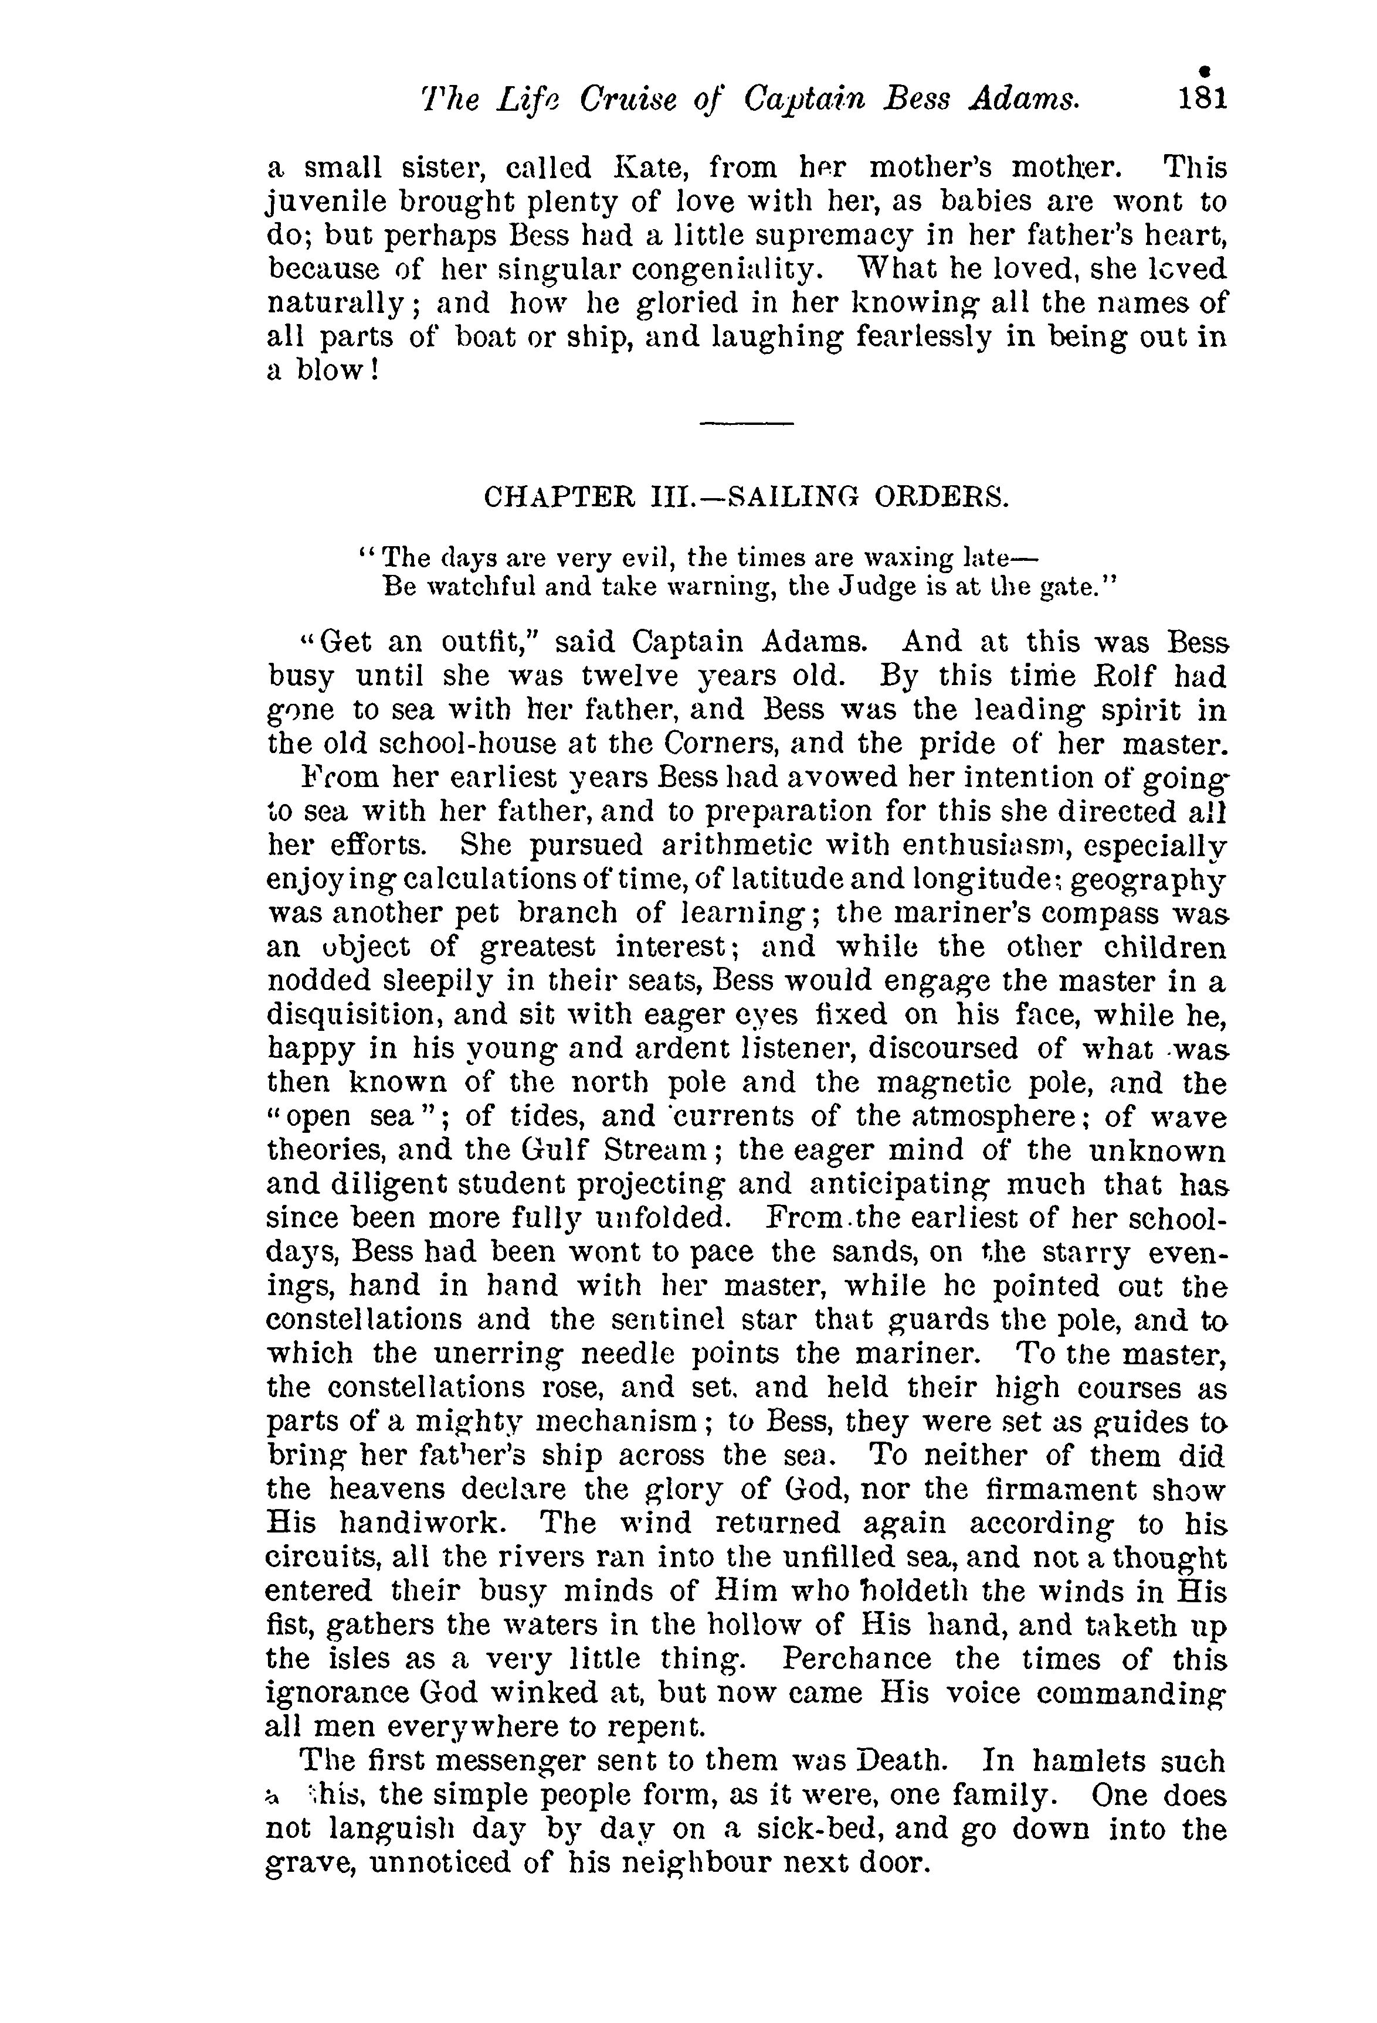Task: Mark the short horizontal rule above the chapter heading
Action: click(x=747, y=424)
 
